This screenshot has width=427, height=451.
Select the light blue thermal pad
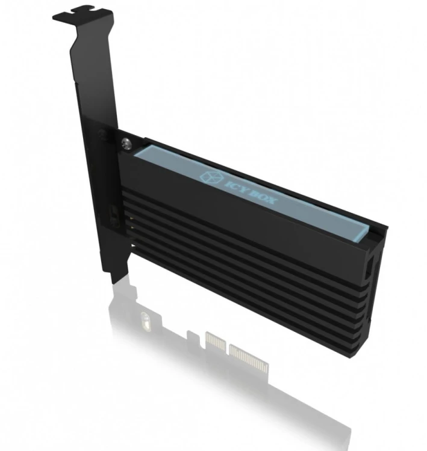[253, 186]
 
